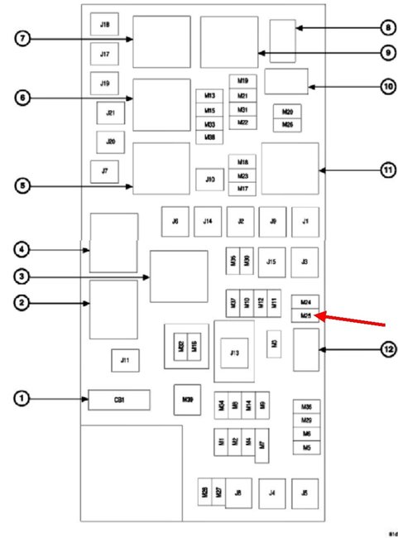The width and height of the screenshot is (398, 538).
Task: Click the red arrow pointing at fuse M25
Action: pyautogui.click(x=352, y=318)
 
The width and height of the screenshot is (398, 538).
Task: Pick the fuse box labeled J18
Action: pyautogui.click(x=105, y=25)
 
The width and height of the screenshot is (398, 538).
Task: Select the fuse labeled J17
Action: pyautogui.click(x=105, y=55)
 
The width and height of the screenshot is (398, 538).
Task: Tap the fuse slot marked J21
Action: pyautogui.click(x=110, y=113)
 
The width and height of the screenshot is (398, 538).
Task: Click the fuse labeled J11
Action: pyautogui.click(x=125, y=360)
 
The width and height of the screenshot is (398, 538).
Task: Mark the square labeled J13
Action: pyautogui.click(x=235, y=353)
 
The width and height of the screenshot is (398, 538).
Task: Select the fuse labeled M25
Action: pyautogui.click(x=305, y=315)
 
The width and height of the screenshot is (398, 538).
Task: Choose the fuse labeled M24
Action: pyautogui.click(x=305, y=303)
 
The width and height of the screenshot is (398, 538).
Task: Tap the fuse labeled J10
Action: pyautogui.click(x=210, y=179)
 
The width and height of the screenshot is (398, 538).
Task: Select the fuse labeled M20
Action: pyautogui.click(x=287, y=111)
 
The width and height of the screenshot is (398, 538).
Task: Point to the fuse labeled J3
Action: pyautogui.click(x=305, y=262)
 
